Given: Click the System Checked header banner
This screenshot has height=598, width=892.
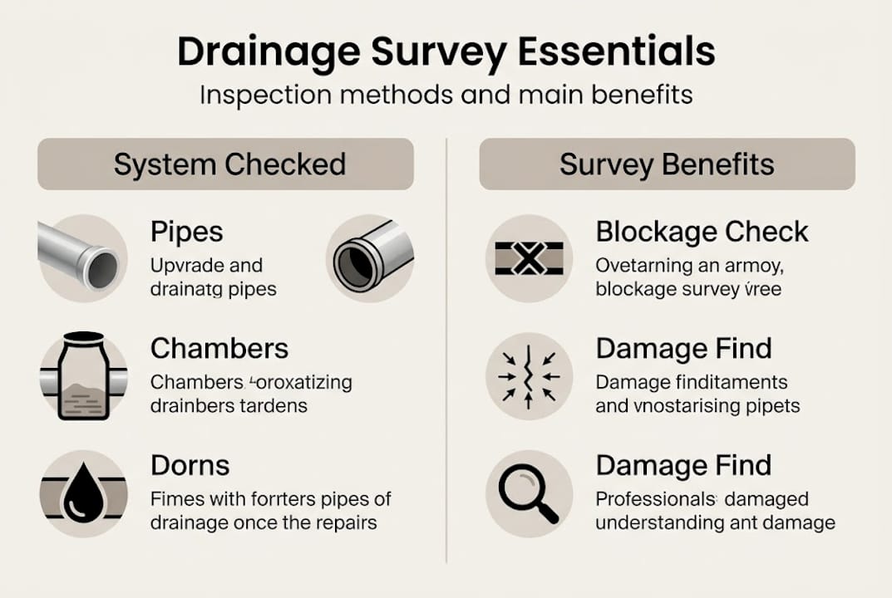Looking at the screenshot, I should (x=225, y=164).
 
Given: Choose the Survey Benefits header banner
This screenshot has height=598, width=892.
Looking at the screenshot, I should (x=667, y=164).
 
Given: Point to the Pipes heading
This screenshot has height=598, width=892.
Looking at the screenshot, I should (x=187, y=232).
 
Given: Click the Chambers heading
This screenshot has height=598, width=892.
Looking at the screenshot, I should (x=219, y=348).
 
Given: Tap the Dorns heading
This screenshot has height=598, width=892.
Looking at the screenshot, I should (x=190, y=465).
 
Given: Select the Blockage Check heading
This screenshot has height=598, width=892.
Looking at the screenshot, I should (x=702, y=232).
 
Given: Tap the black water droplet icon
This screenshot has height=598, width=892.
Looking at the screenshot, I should (x=83, y=493).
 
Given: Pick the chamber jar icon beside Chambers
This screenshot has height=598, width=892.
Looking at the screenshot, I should (x=83, y=376).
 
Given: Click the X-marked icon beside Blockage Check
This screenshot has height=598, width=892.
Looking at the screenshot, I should (x=529, y=259).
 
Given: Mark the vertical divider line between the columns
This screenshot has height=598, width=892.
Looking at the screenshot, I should (x=446, y=349).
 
